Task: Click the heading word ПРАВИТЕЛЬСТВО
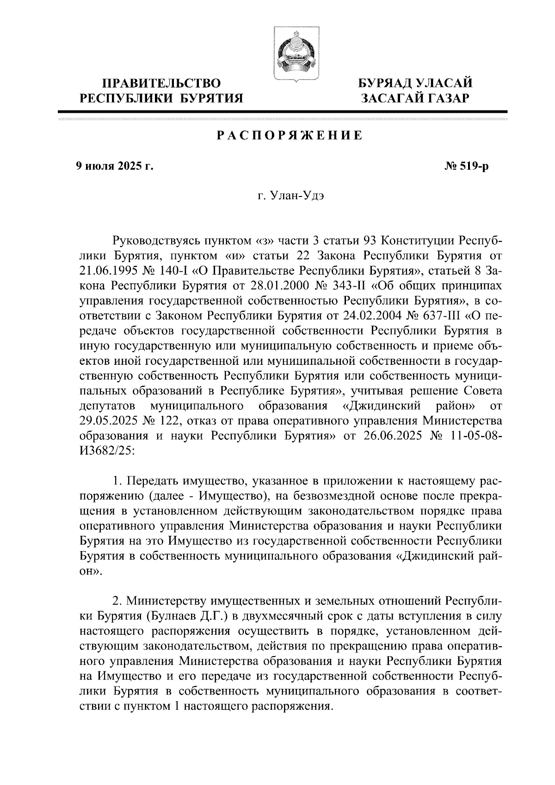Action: coord(161,83)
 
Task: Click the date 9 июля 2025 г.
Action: coord(114,166)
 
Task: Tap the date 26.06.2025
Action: coord(389,436)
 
